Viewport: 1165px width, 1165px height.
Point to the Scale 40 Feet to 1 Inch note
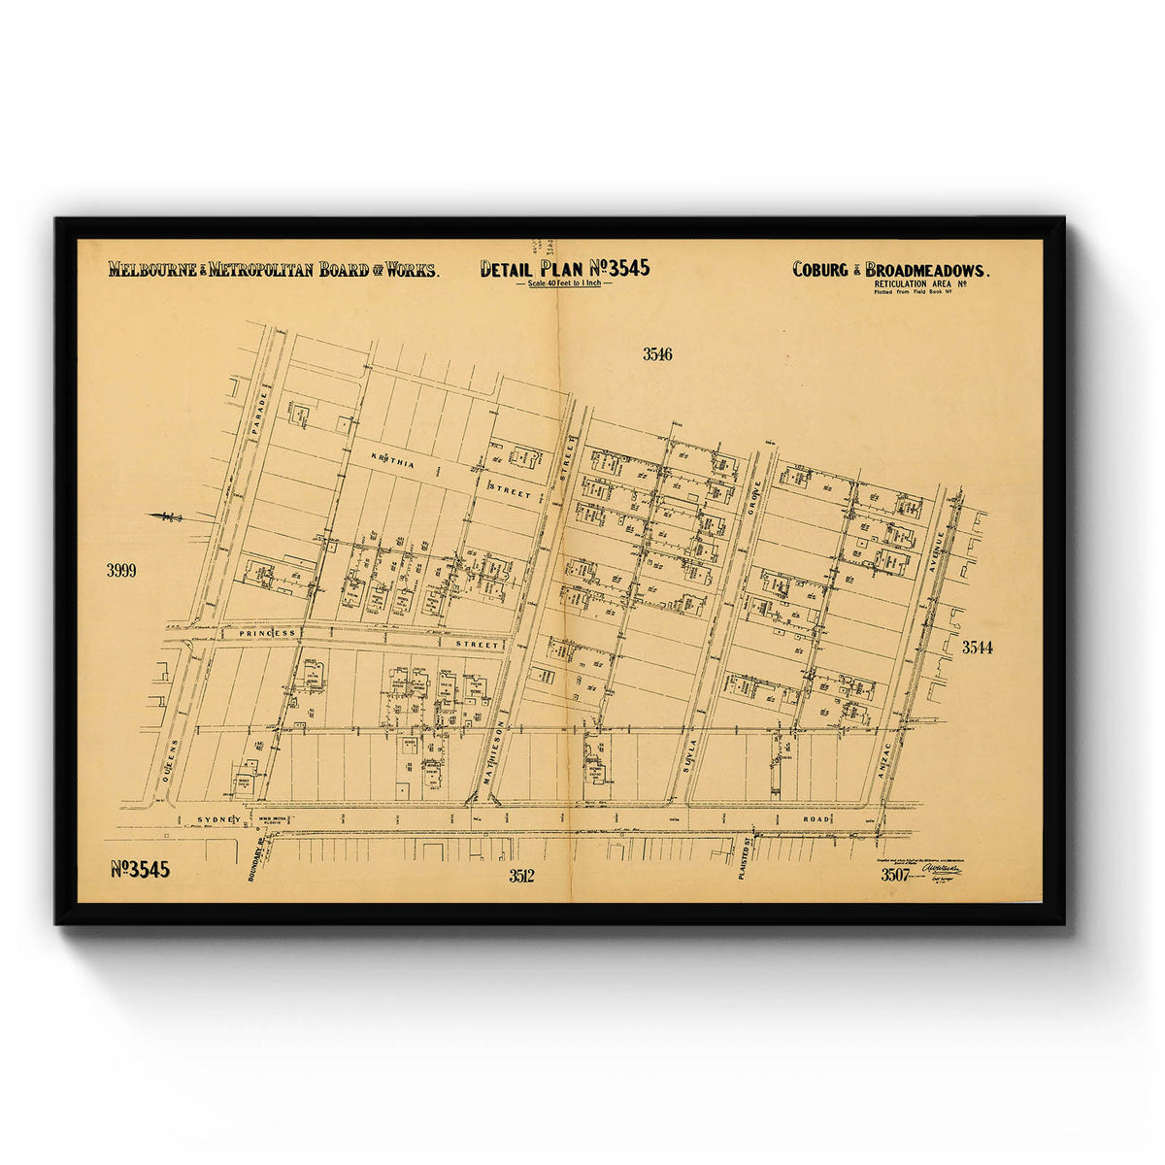pyautogui.click(x=565, y=283)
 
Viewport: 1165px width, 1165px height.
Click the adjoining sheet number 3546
pyautogui.click(x=657, y=354)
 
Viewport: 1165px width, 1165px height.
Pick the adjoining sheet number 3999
pyautogui.click(x=121, y=571)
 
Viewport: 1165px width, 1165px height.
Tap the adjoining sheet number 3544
pyautogui.click(x=977, y=647)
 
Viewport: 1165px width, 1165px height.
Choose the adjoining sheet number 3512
pyautogui.click(x=521, y=877)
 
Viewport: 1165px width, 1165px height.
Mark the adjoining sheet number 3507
pyautogui.click(x=894, y=875)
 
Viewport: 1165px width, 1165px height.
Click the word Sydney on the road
pyautogui.click(x=218, y=819)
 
